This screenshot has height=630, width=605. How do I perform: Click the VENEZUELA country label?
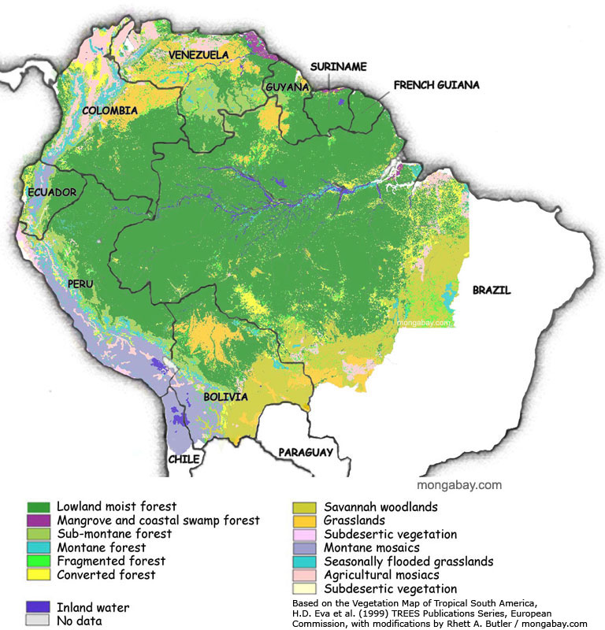click(199, 54)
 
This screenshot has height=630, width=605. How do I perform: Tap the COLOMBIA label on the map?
click(110, 111)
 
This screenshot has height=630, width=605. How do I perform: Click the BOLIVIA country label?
click(225, 397)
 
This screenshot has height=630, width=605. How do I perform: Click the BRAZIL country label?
click(492, 290)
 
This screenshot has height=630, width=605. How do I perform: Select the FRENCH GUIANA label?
click(436, 84)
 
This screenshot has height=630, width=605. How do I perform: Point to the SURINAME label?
click(338, 67)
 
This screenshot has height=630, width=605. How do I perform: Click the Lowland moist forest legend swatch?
click(39, 506)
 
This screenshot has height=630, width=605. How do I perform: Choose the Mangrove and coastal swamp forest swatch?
click(39, 521)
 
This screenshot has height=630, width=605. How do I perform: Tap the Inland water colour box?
click(39, 607)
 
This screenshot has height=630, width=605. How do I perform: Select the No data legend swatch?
click(39, 621)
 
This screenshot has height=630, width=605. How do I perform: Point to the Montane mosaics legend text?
click(373, 547)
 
